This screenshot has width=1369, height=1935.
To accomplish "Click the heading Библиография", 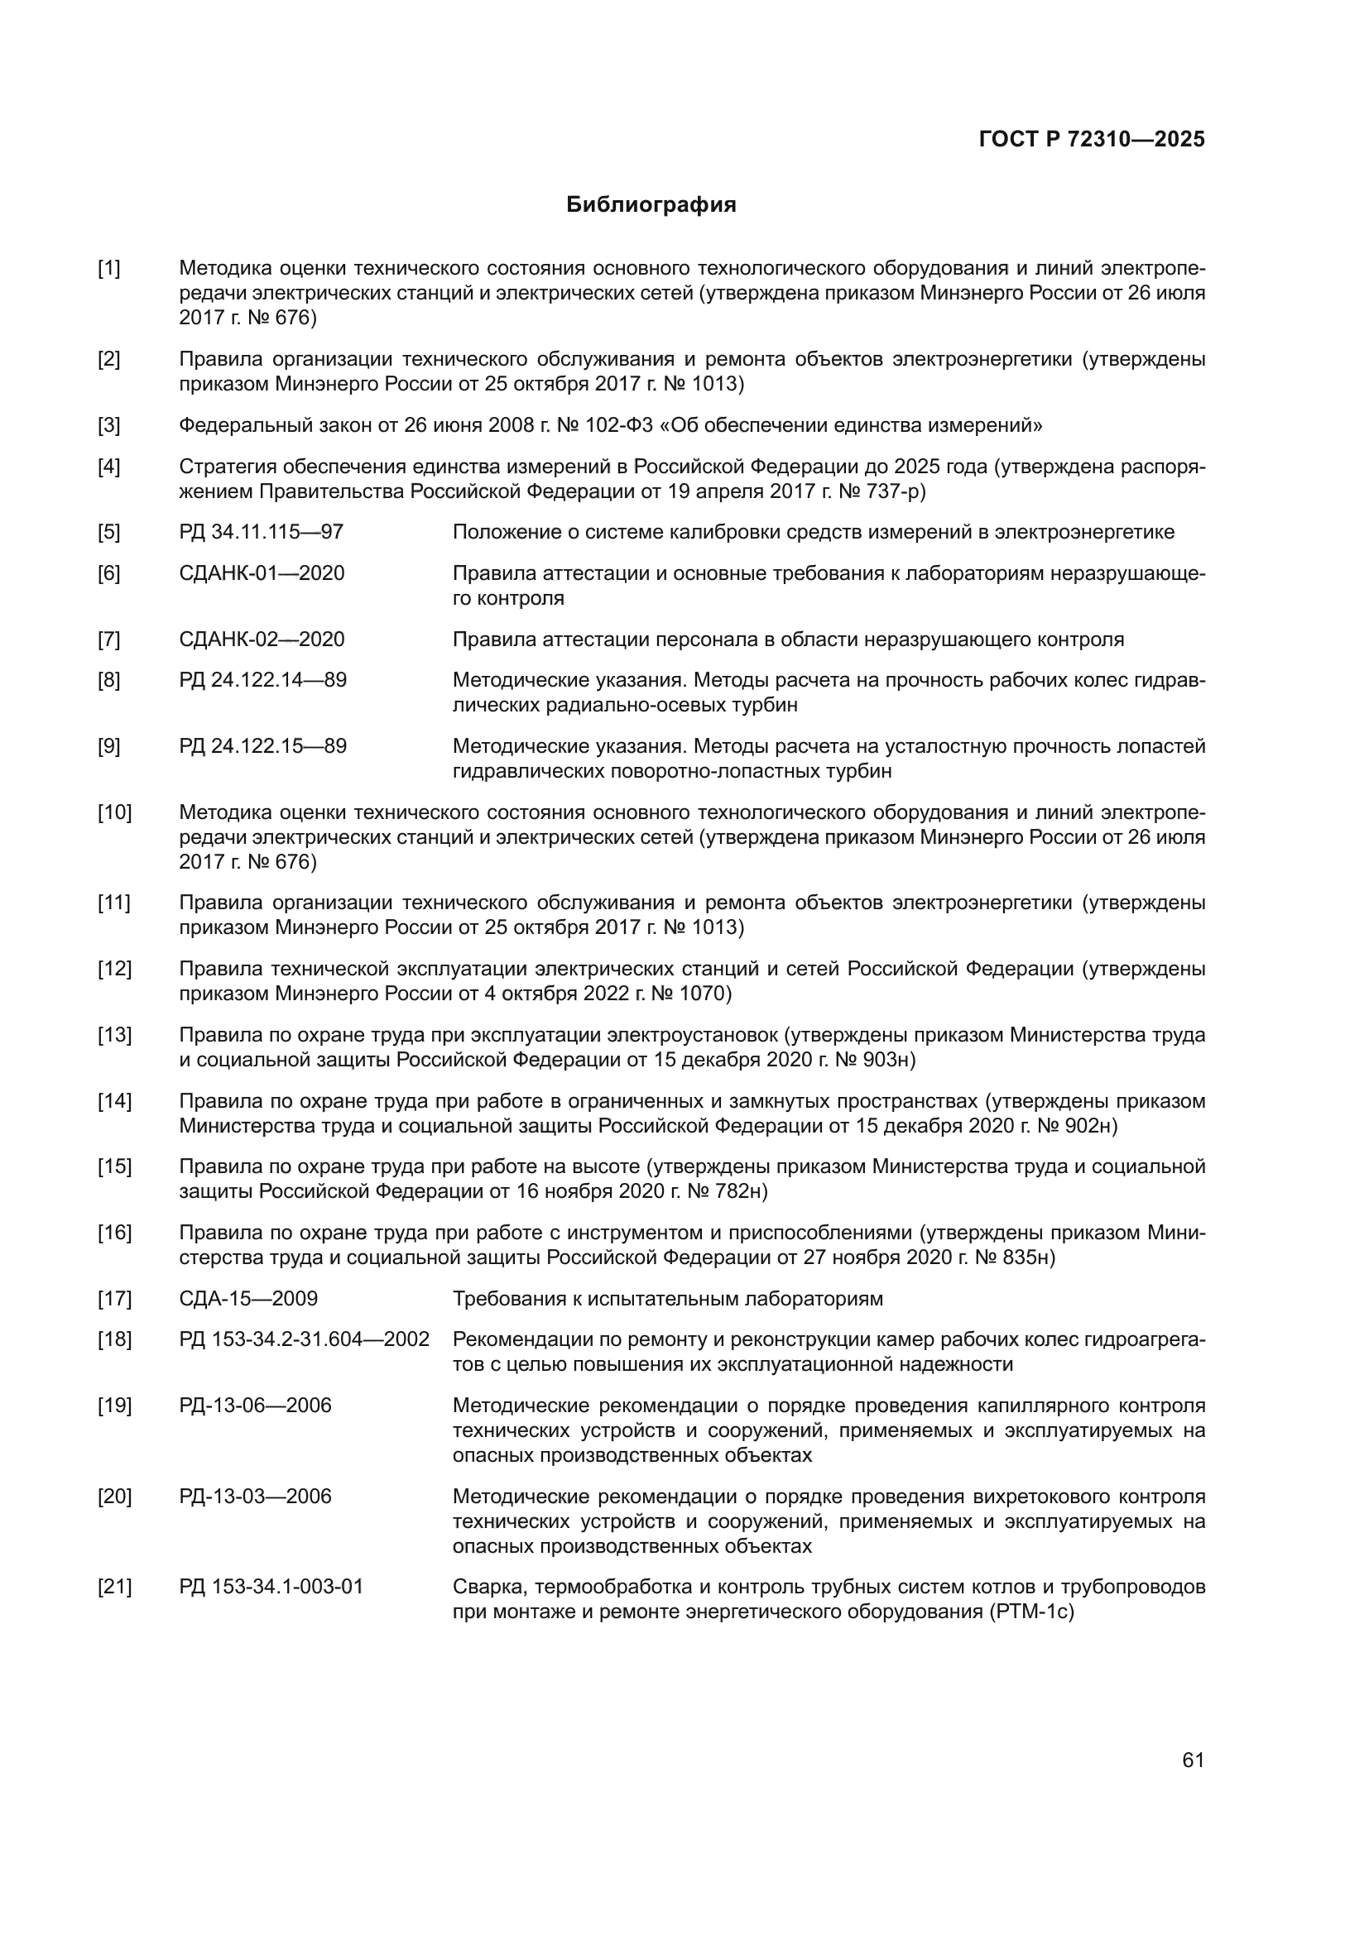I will (x=651, y=205).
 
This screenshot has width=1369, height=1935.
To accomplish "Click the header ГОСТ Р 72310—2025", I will (x=1092, y=140).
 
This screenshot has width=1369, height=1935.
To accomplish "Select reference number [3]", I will (x=108, y=425).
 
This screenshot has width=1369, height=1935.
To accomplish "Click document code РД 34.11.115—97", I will (x=262, y=533).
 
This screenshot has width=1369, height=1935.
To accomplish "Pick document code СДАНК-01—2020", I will (x=262, y=574).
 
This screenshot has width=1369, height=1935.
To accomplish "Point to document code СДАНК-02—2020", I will (x=262, y=639).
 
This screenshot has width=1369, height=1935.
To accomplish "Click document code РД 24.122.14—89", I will (x=262, y=680).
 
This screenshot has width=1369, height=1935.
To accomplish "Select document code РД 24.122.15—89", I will (x=262, y=747).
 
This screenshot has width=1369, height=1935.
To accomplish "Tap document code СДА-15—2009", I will (x=247, y=1299).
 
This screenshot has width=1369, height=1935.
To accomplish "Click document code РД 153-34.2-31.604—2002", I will (x=304, y=1340).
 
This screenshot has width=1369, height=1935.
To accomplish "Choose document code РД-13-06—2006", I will (x=255, y=1406).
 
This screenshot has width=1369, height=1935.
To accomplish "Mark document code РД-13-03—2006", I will (x=255, y=1497).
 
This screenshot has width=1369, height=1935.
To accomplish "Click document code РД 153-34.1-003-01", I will (x=271, y=1588).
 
